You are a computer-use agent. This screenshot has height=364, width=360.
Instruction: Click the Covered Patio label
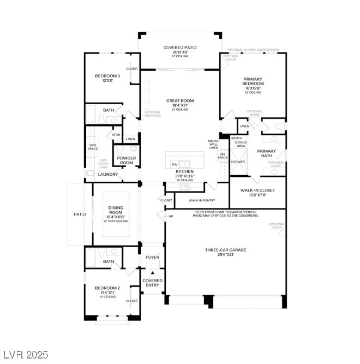pyautogui.click(x=180, y=47)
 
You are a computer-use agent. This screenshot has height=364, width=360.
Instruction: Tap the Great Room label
pyautogui.click(x=180, y=101)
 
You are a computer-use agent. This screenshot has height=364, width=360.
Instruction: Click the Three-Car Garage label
pyautogui.click(x=225, y=250)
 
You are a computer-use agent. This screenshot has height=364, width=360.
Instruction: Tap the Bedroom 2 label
pyautogui.click(x=107, y=288)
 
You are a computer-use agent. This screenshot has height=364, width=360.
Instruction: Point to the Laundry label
pyautogui.click(x=107, y=174)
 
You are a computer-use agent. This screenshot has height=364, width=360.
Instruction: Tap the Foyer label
pyautogui.click(x=152, y=257)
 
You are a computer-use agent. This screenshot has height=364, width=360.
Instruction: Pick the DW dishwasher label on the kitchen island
pyautogui.click(x=174, y=164)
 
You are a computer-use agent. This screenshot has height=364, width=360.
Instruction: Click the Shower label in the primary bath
pyautogui.click(x=237, y=162)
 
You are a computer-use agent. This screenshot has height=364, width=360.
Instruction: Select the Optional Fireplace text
pyautogui.click(x=153, y=114)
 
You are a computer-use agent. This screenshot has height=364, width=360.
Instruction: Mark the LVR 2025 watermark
pyautogui.click(x=26, y=354)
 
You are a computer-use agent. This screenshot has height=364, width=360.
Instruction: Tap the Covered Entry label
pyautogui.click(x=152, y=283)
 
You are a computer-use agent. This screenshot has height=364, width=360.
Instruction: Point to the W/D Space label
pyautogui.click(x=93, y=147)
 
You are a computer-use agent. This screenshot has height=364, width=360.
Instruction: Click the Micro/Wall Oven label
pyautogui.click(x=213, y=144)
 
